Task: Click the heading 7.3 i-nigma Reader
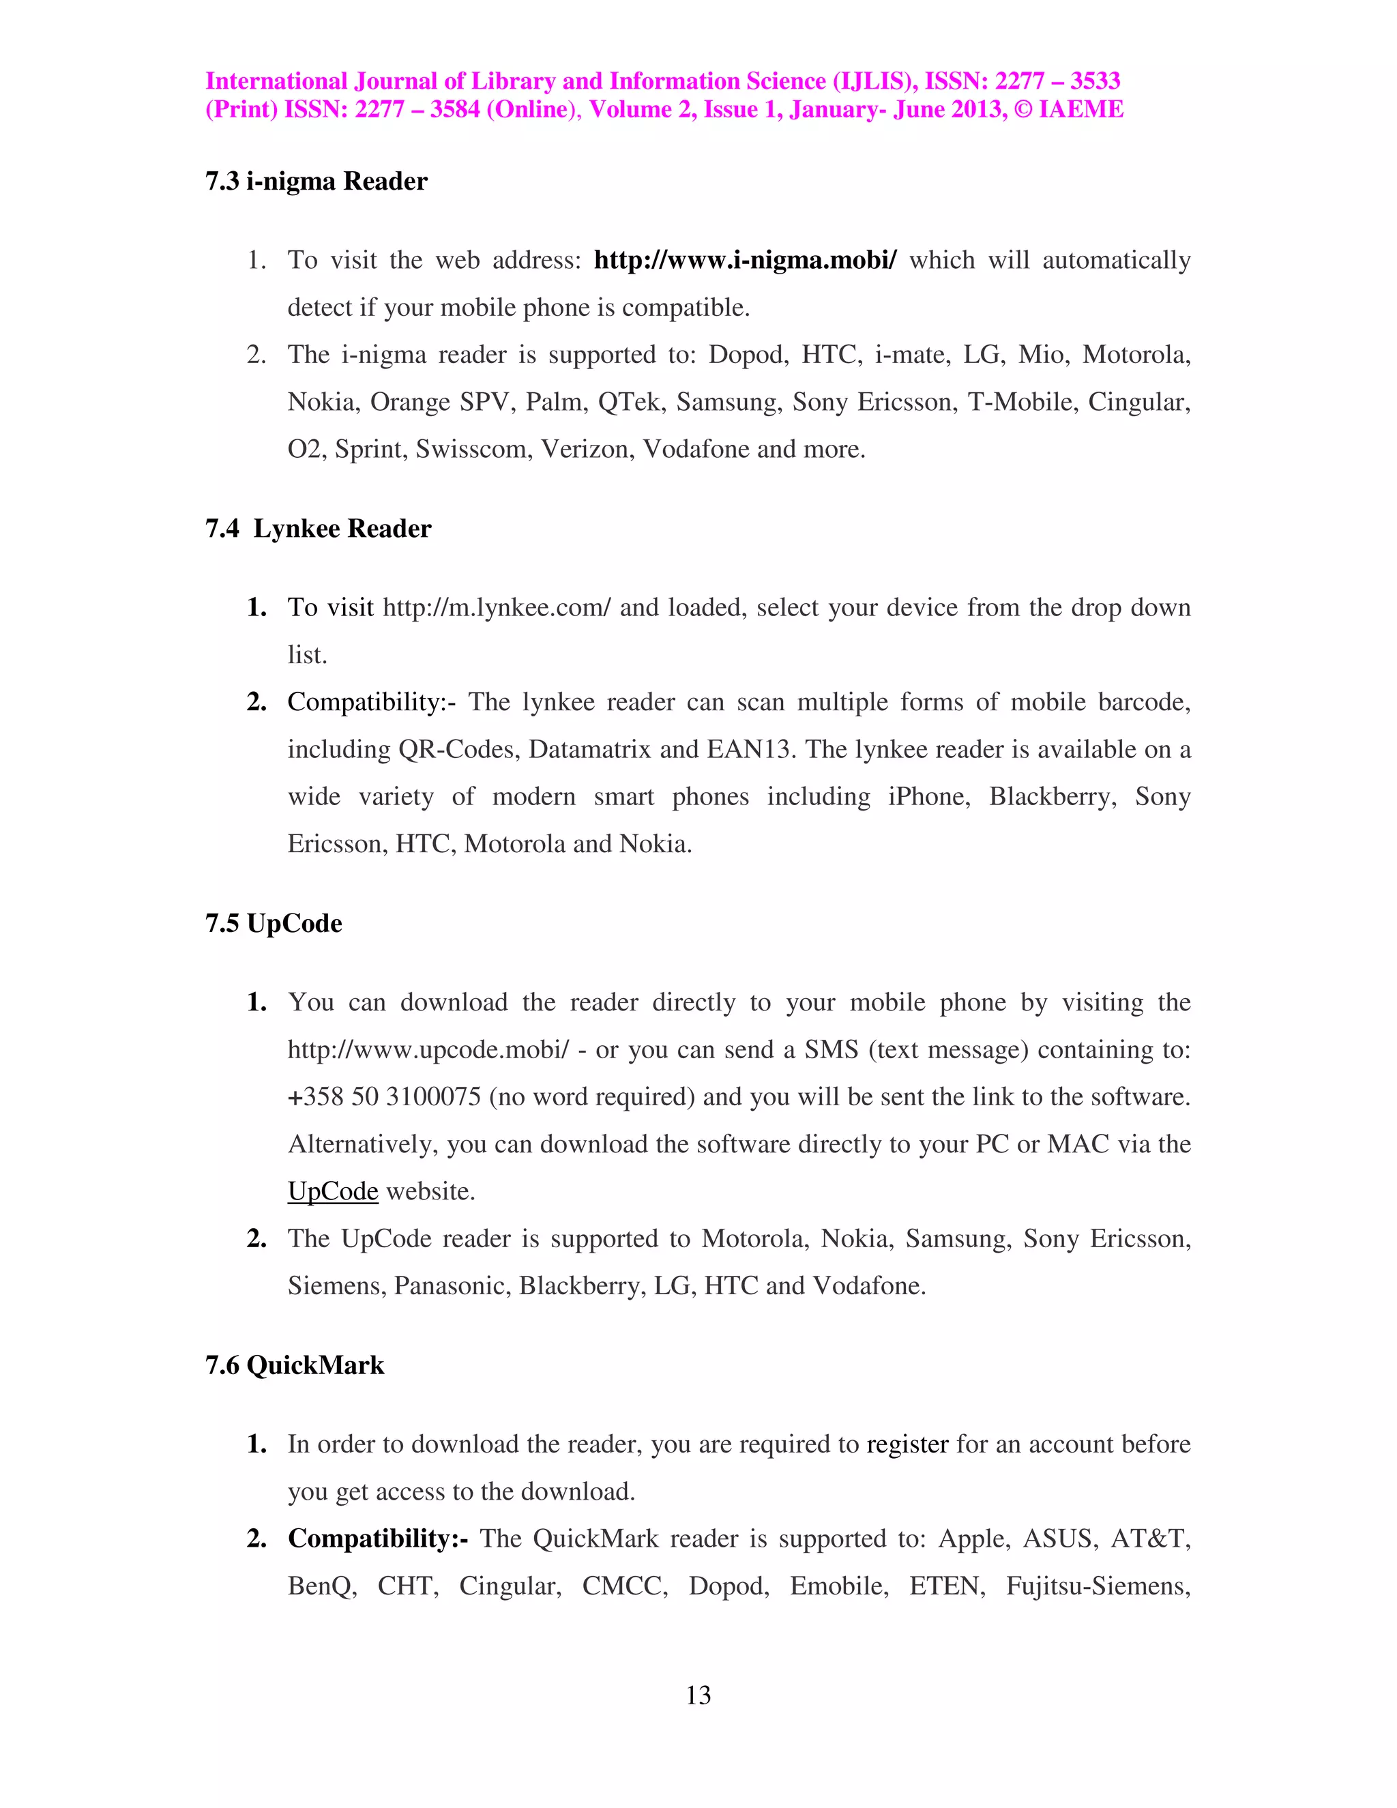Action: [316, 181]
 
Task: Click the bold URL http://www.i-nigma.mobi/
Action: [745, 260]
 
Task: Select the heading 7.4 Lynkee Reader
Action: [318, 528]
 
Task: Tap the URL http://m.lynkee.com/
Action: [497, 608]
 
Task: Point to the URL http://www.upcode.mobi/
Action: [428, 1050]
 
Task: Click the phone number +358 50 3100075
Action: [384, 1097]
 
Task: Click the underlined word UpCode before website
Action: [333, 1191]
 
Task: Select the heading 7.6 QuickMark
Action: [295, 1365]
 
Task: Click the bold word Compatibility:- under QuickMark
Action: [377, 1538]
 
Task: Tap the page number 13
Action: [698, 1695]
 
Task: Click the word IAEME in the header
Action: [1081, 109]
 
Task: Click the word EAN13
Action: [750, 749]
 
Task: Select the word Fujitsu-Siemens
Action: [1098, 1586]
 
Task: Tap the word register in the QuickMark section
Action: [907, 1444]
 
